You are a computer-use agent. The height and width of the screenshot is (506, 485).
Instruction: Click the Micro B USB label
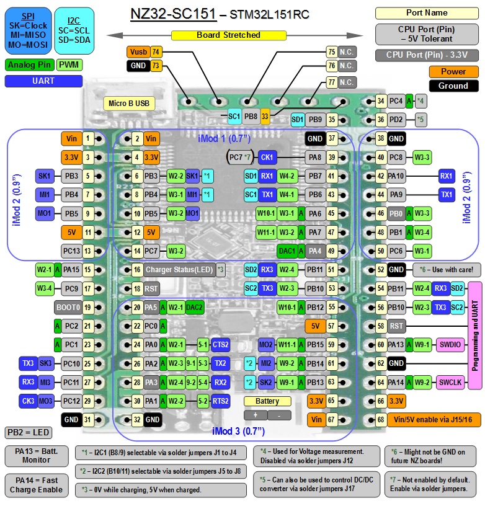coord(128,102)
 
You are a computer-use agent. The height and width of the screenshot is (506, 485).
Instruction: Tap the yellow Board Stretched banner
coord(228,35)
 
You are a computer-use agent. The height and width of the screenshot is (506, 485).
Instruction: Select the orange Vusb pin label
coord(138,52)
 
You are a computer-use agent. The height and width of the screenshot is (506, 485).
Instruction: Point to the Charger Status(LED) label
coord(180,270)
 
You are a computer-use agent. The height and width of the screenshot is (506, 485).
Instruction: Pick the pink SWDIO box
coord(450,344)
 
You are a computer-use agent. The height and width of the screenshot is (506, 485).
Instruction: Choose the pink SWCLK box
coord(450,383)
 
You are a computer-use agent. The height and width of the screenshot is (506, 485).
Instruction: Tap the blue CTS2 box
coord(220,344)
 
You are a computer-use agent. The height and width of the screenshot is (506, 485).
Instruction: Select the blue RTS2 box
coord(220,401)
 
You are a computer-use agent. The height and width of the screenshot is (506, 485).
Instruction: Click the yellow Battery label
coord(267,401)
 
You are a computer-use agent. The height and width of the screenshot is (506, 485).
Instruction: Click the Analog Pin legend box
coord(29,64)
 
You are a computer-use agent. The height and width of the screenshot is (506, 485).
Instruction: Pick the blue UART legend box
coord(43,81)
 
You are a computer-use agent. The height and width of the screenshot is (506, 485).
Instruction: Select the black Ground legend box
coord(453,86)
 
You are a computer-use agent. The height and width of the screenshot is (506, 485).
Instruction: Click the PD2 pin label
coord(396,119)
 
